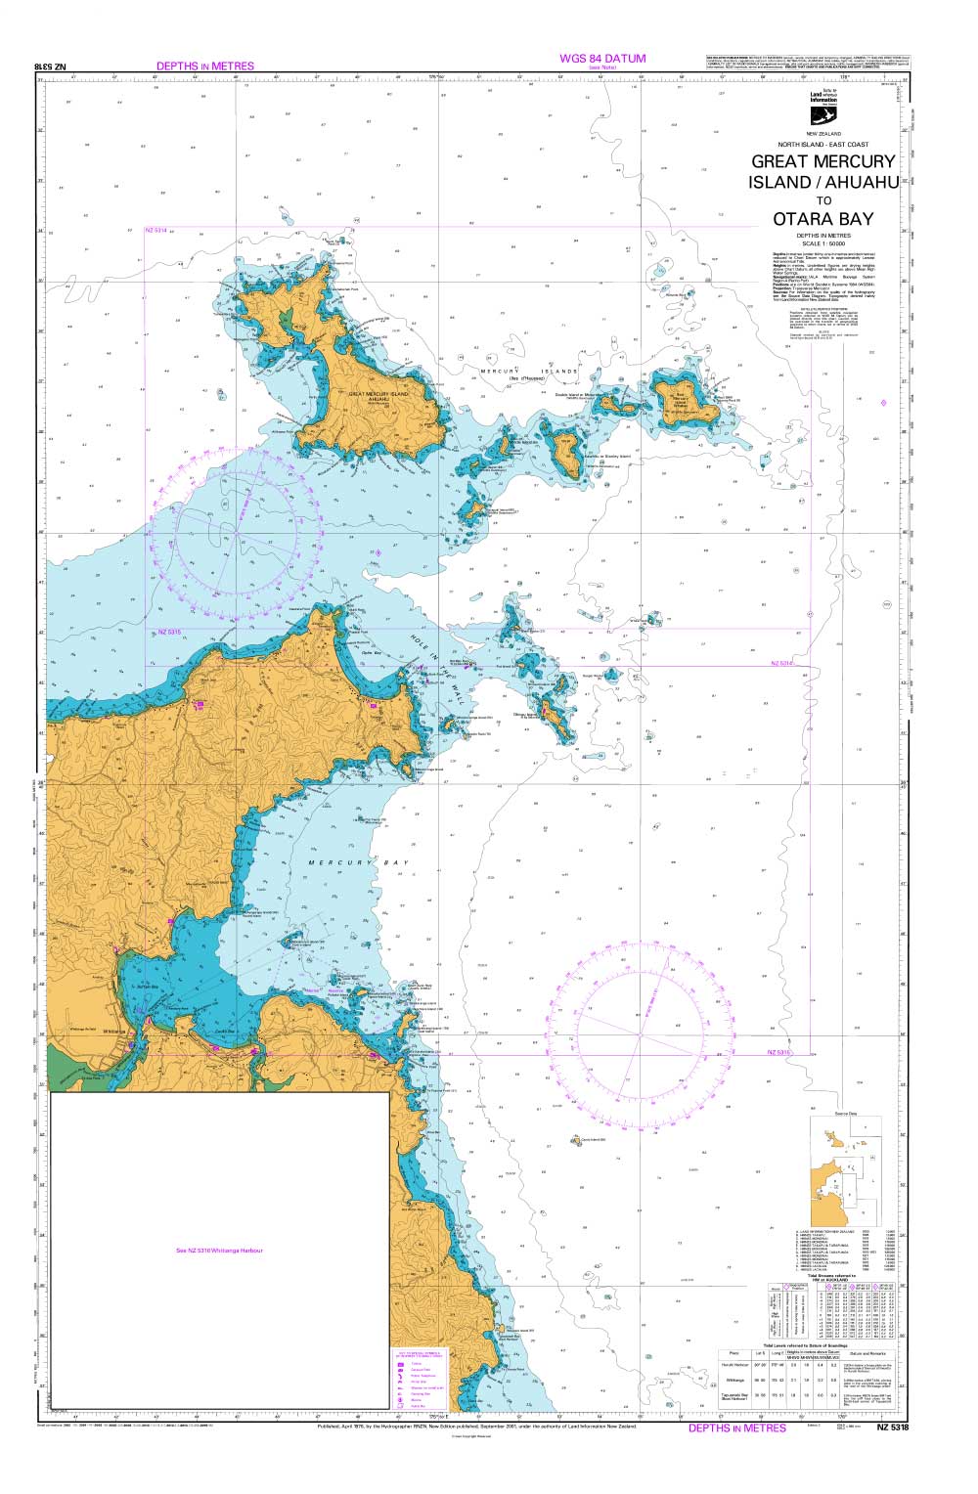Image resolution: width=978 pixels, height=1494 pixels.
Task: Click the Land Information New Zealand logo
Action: (x=822, y=107)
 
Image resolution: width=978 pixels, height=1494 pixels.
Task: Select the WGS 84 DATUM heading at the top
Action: (x=602, y=59)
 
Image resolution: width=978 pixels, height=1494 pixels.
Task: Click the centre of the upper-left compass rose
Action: (x=236, y=531)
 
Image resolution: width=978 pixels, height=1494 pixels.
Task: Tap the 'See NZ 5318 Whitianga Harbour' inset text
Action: (x=219, y=1251)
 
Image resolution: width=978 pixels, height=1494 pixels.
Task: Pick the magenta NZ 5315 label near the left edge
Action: (x=169, y=634)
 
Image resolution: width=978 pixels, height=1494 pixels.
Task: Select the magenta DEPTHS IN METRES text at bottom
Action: (x=736, y=1428)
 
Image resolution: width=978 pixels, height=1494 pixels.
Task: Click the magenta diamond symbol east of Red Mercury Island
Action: (x=883, y=404)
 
